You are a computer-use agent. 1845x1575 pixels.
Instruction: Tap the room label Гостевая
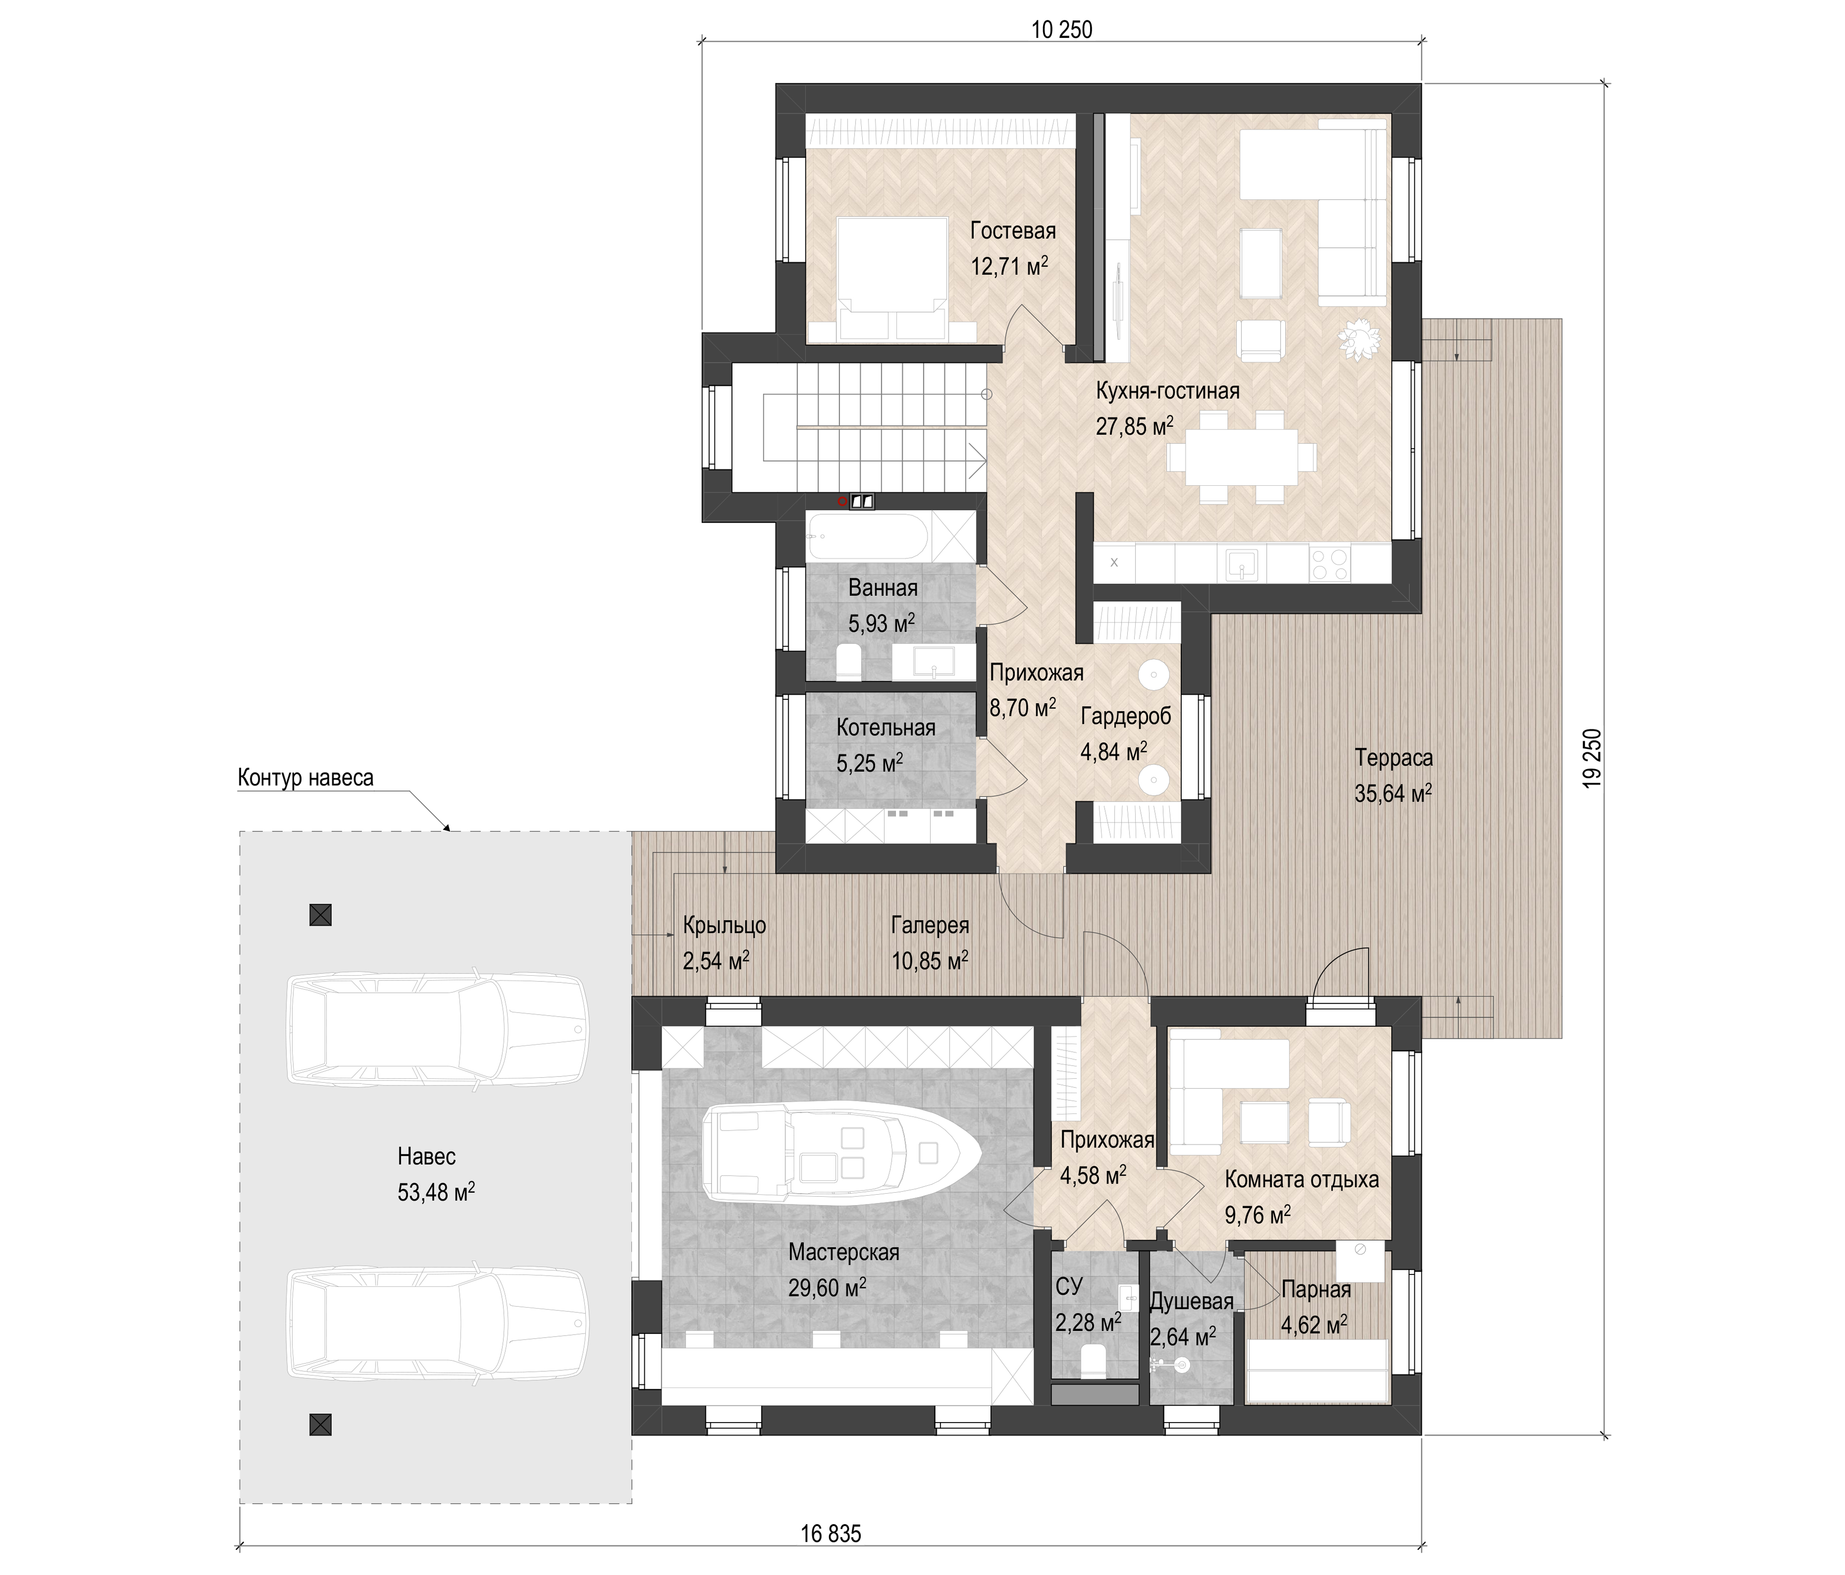pos(1013,231)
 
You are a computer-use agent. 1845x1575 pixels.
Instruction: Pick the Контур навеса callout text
pos(305,777)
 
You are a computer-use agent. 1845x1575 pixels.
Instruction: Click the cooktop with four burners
pos(1329,564)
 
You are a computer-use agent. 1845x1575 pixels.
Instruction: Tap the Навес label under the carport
pos(426,1157)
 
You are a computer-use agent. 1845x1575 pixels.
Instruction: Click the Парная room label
pos(1316,1289)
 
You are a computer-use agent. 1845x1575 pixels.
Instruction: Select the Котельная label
pos(886,727)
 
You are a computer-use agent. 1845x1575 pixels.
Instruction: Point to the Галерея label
pos(930,925)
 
